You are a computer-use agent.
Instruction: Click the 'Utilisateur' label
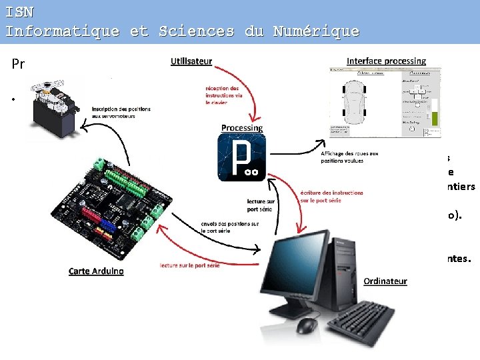(x=191, y=61)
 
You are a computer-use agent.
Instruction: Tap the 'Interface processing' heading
(x=386, y=61)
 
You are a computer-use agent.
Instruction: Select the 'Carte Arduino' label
(x=96, y=271)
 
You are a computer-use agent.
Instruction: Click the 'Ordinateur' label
(x=385, y=281)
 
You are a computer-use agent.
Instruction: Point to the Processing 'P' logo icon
(x=241, y=157)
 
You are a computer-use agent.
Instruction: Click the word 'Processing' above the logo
(x=242, y=127)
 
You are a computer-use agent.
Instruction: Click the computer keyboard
(x=361, y=319)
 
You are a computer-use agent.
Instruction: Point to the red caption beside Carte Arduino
(x=189, y=265)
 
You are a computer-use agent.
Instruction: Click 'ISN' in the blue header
(x=19, y=11)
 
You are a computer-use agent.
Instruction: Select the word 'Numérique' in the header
(x=316, y=31)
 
